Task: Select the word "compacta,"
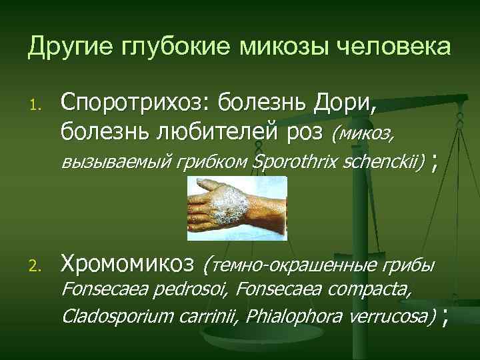(x=371, y=291)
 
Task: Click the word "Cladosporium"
(x=118, y=315)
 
